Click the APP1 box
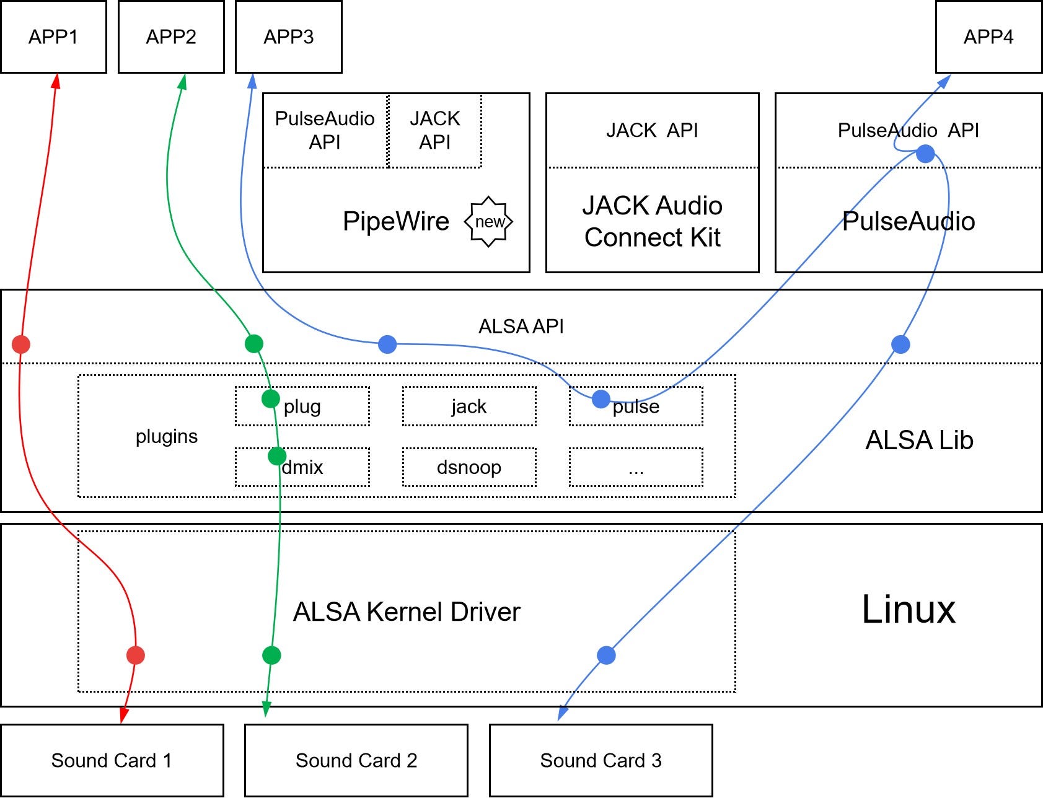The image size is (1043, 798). click(x=53, y=37)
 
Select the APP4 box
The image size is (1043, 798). click(x=988, y=37)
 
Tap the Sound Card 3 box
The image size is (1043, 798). click(x=601, y=760)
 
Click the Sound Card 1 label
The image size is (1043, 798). click(x=111, y=760)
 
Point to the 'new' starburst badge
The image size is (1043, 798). click(x=489, y=222)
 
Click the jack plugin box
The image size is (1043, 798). click(x=469, y=406)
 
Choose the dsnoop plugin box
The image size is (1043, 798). click(x=469, y=467)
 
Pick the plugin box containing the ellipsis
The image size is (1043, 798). click(x=636, y=467)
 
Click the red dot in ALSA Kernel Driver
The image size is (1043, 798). click(x=136, y=655)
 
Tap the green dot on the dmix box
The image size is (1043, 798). click(x=277, y=457)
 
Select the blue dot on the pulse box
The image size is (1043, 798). click(x=601, y=399)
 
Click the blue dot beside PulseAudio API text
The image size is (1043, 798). click(x=925, y=153)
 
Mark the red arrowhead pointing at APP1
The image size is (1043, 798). click(x=56, y=81)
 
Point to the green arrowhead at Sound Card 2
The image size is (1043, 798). click(x=266, y=709)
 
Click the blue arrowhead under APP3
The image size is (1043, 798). click(x=252, y=81)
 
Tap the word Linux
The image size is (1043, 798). click(x=909, y=610)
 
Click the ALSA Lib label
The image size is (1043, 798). click(x=919, y=441)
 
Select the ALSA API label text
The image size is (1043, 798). click(x=521, y=327)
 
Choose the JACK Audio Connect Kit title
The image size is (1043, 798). click(x=652, y=221)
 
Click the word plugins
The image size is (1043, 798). click(x=166, y=437)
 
